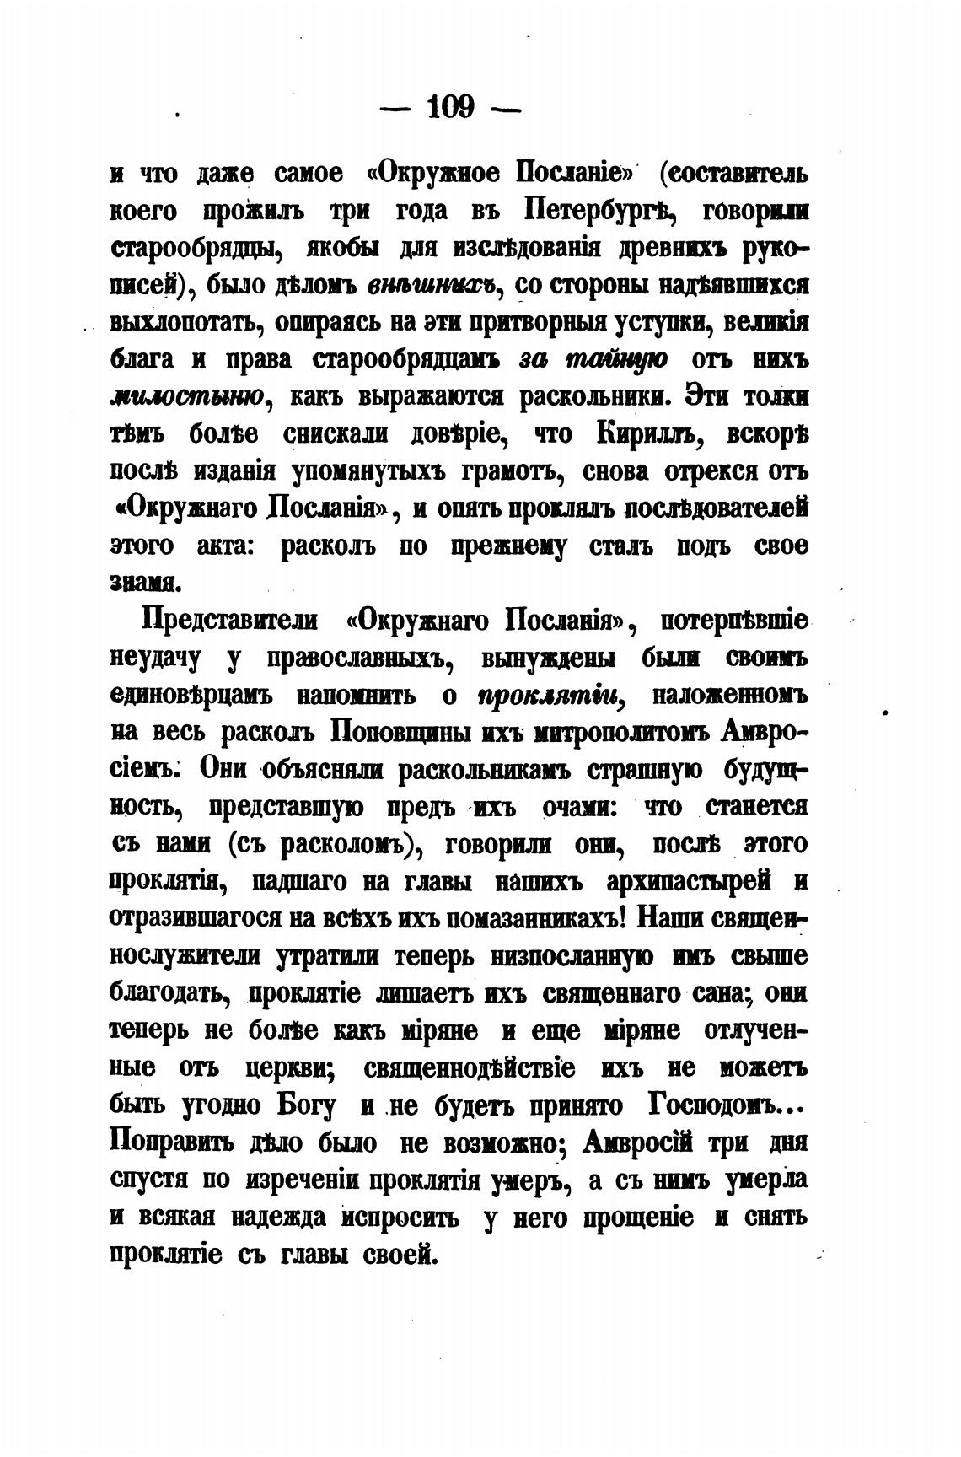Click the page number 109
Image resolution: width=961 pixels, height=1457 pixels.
point(452,108)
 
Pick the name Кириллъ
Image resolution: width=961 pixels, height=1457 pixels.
point(647,434)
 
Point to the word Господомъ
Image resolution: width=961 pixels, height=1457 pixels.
point(714,1105)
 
